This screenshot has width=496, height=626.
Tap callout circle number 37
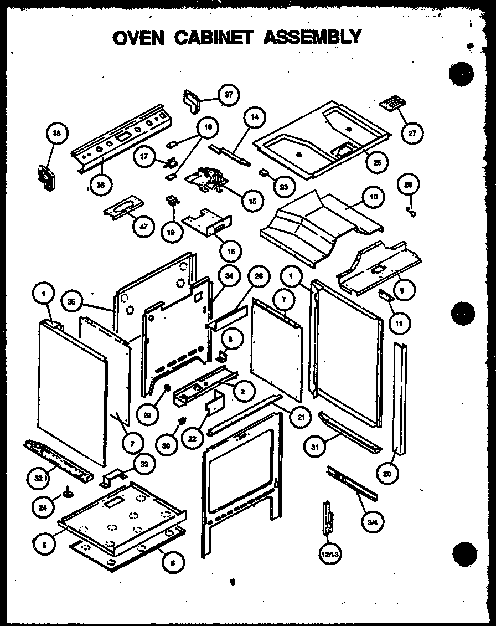tap(227, 95)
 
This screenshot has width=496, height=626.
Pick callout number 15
tap(252, 200)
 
